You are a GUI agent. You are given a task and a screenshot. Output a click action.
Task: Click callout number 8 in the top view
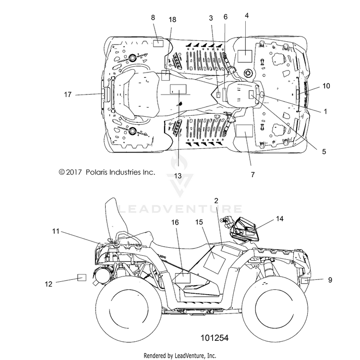153,17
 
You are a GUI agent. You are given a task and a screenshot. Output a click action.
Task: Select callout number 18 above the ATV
172,20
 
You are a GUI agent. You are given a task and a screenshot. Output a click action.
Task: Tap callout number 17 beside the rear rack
68,95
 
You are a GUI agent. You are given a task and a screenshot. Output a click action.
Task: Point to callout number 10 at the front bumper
326,86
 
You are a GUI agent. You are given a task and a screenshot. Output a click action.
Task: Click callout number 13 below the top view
178,176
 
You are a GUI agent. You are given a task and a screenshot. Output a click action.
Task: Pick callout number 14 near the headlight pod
279,218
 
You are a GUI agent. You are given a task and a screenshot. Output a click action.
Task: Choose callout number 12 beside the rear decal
48,284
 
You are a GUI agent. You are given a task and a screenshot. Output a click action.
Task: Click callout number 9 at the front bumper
330,280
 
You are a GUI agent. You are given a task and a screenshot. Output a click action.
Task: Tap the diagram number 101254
215,338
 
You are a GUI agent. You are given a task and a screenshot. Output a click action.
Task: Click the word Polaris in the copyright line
96,172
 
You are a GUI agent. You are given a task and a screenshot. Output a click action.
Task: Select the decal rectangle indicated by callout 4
245,56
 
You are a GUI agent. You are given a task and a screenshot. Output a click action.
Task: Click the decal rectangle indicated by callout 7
244,131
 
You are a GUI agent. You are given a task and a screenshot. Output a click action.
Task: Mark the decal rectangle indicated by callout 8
158,43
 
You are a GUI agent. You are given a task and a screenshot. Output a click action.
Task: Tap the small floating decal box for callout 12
82,277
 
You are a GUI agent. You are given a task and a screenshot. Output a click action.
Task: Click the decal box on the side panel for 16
183,278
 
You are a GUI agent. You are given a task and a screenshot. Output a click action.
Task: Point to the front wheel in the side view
276,310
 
